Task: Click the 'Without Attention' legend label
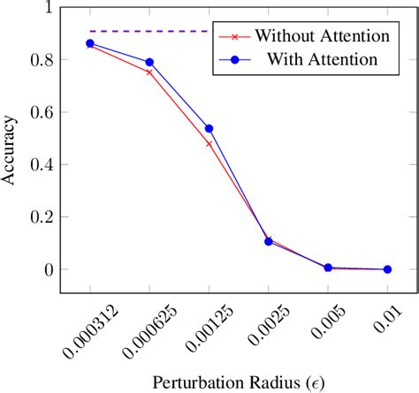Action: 323,36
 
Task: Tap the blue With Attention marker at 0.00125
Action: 209,129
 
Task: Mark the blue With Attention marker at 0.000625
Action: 149,63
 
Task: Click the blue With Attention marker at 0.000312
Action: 90,43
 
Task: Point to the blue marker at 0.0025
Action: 269,241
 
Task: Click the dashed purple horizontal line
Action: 150,31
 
